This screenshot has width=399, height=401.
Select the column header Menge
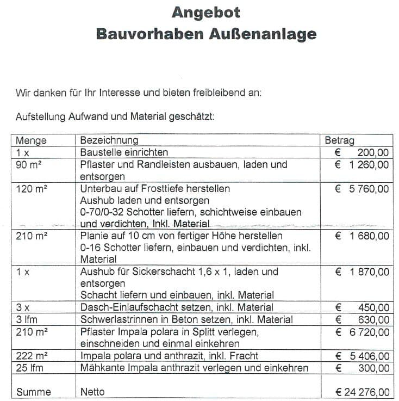tap(31, 140)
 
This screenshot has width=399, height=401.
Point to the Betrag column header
tap(339, 140)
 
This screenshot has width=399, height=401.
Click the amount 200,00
tap(374, 152)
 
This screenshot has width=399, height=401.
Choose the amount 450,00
tap(374, 308)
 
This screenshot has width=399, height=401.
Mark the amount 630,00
tap(374, 320)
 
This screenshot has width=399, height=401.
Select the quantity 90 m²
tap(29, 164)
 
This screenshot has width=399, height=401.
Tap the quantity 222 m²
tap(31, 356)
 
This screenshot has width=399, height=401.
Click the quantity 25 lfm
tap(30, 368)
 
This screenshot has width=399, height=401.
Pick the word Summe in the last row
tap(34, 392)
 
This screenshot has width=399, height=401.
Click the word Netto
tap(92, 392)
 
